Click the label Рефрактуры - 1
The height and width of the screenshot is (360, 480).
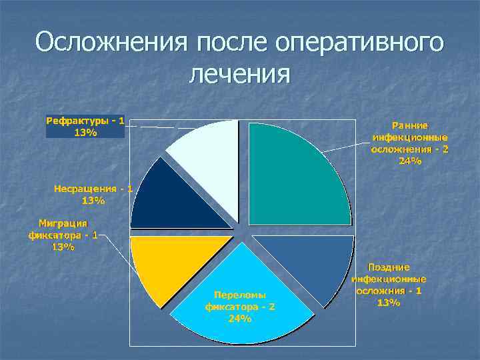[85, 121]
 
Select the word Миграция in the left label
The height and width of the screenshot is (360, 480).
[63, 223]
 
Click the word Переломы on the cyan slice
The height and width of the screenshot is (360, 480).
[239, 294]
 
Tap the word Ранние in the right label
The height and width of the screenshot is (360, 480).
[410, 125]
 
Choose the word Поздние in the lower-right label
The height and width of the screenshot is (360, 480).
[389, 267]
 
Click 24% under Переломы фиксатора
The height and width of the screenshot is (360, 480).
[239, 319]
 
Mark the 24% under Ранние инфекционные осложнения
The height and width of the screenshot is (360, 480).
[410, 161]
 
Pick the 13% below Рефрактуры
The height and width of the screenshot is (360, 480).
[85, 132]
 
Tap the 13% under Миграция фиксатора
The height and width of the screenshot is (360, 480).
[63, 247]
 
